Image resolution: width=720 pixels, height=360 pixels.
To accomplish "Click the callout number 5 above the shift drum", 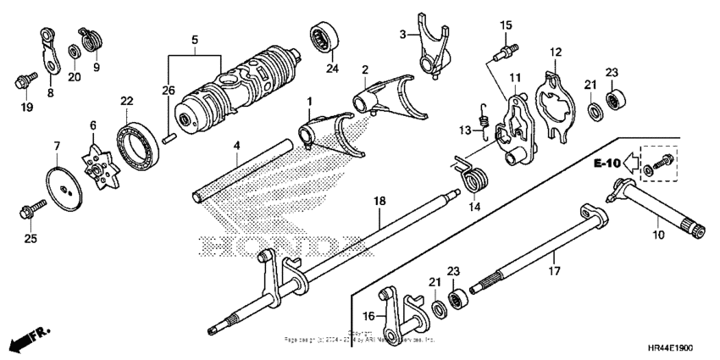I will click(x=194, y=40).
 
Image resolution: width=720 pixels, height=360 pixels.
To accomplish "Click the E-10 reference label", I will click(x=607, y=160).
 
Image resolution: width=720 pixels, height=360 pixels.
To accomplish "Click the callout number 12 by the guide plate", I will click(x=556, y=52).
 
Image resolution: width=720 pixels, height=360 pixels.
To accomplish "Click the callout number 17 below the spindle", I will click(x=553, y=271).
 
